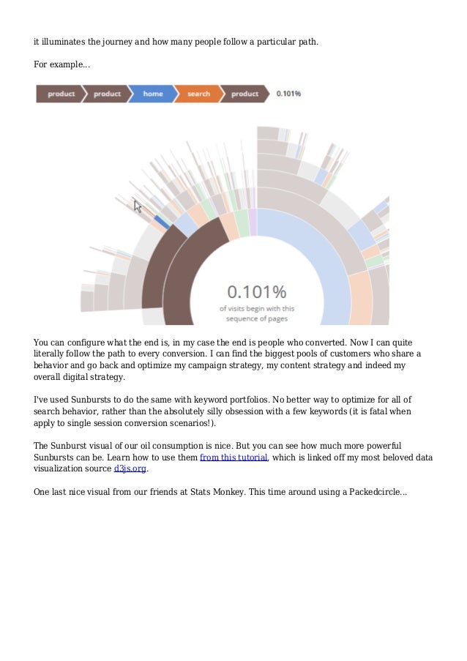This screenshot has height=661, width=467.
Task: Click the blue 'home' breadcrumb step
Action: tap(153, 94)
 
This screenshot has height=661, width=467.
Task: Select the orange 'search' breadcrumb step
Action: tap(198, 94)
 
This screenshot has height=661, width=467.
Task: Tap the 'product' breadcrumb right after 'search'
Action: tap(244, 94)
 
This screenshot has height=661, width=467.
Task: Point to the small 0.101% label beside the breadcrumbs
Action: tap(289, 94)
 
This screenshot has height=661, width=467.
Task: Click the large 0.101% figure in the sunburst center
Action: tap(256, 291)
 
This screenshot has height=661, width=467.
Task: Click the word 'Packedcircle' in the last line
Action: tap(371, 493)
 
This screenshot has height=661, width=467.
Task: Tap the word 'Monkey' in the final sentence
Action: tap(220, 493)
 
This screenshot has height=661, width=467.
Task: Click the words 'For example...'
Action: tap(62, 65)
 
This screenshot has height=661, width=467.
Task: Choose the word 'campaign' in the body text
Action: tap(248, 365)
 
